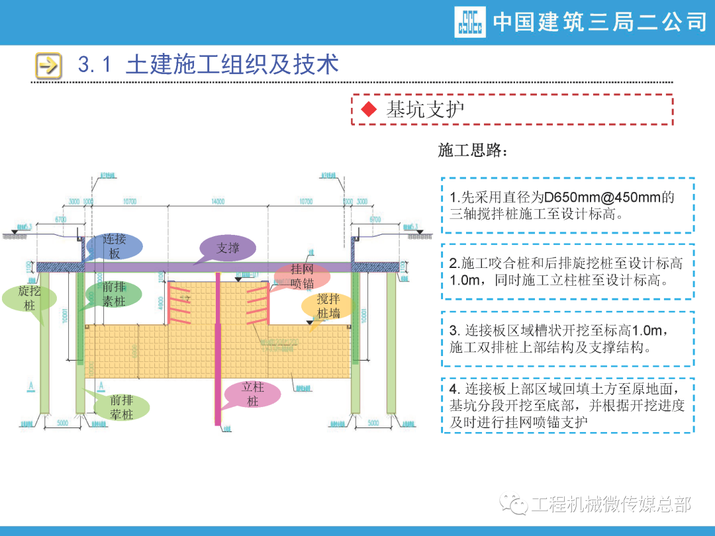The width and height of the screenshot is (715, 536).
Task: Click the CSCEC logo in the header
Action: [469, 22]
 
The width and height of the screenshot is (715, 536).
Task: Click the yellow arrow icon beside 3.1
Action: [48, 65]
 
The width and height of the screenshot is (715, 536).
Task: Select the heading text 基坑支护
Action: [425, 110]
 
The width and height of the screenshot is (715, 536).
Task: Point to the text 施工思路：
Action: [473, 151]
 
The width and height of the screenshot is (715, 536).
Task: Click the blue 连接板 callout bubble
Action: [114, 246]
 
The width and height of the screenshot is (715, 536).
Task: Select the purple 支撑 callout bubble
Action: [228, 249]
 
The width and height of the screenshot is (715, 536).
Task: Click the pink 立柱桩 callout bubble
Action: [252, 394]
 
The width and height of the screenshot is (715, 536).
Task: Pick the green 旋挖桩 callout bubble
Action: [30, 298]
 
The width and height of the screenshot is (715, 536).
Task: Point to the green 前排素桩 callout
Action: [114, 294]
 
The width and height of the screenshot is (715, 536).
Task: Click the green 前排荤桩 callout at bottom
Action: [121, 407]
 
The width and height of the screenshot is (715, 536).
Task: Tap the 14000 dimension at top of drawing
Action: [218, 201]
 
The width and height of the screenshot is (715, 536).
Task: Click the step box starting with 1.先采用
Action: [567, 205]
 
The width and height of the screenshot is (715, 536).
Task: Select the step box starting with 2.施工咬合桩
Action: [567, 271]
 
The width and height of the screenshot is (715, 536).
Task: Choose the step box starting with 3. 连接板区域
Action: [567, 338]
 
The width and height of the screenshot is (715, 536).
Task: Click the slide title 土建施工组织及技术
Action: [232, 64]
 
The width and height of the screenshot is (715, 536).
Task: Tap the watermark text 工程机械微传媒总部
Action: [610, 505]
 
